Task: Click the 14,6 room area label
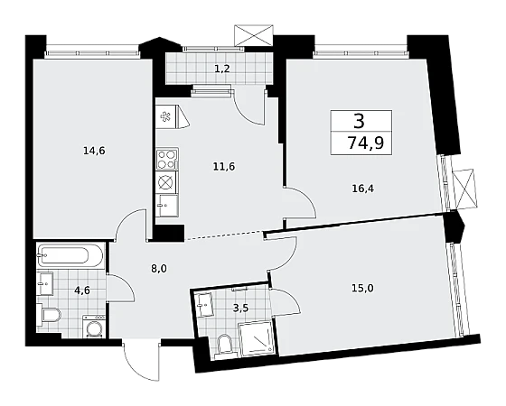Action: coord(94,151)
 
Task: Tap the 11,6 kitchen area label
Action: coord(224,167)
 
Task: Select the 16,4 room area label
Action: coord(362,189)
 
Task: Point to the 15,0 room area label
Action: coord(362,288)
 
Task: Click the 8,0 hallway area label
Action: coord(158,269)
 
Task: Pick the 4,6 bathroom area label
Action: coord(82,291)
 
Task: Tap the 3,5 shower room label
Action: coord(240,309)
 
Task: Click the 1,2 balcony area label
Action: coord(222,69)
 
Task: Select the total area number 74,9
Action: coord(366,143)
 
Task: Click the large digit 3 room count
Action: coord(359,121)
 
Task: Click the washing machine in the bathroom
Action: coord(94,327)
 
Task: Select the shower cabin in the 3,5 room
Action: coord(257,339)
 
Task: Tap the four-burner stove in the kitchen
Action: coord(167,159)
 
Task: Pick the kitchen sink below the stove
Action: coord(166,206)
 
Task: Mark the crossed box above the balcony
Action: coord(254,35)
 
